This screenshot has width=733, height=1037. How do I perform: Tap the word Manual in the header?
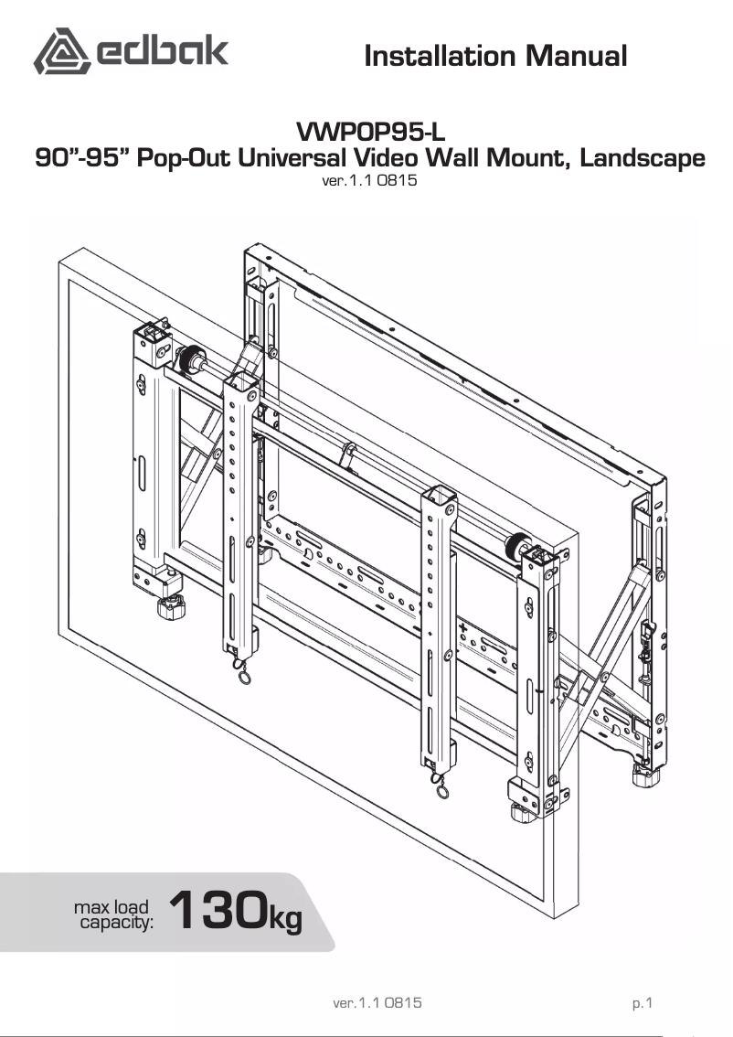(x=575, y=57)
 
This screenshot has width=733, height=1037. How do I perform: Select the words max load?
(x=112, y=907)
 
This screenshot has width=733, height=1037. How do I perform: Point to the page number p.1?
(x=643, y=1003)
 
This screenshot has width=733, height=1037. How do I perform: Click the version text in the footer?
(x=377, y=1003)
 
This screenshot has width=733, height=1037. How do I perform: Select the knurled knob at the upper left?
(x=191, y=358)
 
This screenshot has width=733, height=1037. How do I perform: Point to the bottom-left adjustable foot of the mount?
(x=171, y=608)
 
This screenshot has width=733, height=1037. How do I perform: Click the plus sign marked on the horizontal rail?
(x=463, y=629)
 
